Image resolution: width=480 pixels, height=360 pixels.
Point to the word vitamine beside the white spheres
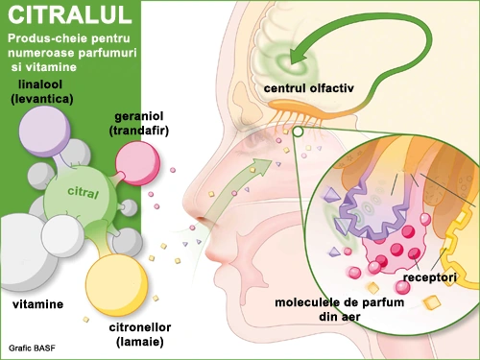pyautogui.click(x=36, y=304)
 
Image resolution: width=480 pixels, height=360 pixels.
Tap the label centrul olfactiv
pyautogui.click(x=309, y=88)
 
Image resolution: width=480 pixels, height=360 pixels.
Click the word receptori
pyautogui.click(x=429, y=278)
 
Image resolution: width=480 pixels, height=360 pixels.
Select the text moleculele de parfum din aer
pyautogui.click(x=352, y=311)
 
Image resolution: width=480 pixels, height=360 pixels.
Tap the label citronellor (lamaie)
pyautogui.click(x=140, y=335)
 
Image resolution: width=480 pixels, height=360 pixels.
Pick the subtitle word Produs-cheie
pyautogui.click(x=38, y=39)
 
